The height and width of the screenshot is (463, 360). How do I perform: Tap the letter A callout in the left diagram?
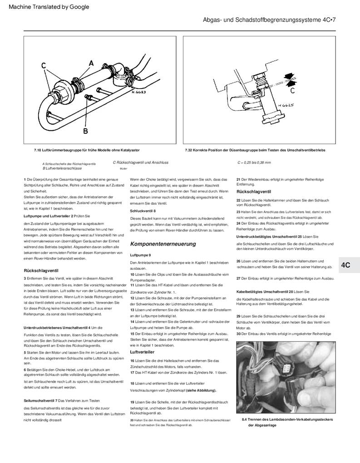tap(91, 63)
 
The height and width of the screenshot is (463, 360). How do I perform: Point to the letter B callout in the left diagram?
tap(85, 132)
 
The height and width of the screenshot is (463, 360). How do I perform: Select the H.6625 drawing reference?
tap(286, 105)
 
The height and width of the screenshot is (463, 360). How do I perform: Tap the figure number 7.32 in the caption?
tap(189, 150)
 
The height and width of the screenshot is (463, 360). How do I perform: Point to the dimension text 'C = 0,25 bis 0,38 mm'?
tap(254, 162)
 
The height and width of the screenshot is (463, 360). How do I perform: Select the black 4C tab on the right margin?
tap(346, 265)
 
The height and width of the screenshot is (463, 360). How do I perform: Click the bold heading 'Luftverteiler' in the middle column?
tap(142, 352)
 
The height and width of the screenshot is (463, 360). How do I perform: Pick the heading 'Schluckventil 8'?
tap(143, 211)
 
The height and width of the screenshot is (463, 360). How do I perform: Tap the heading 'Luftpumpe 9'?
tap(140, 256)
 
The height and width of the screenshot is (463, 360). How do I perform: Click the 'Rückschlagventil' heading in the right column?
tap(254, 192)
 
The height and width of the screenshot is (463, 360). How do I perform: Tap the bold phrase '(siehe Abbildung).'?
tap(201, 390)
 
